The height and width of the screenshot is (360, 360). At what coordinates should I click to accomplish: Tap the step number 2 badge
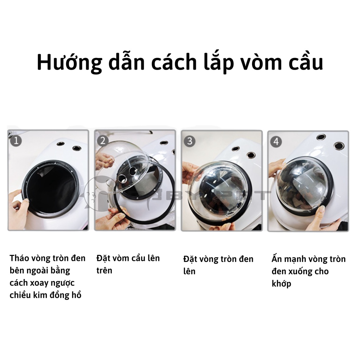[x=103, y=141]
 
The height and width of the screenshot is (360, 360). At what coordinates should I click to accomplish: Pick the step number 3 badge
[x=190, y=141]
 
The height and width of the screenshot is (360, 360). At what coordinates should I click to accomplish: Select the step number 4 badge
[x=276, y=142]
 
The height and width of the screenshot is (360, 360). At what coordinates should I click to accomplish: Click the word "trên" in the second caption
[x=104, y=270]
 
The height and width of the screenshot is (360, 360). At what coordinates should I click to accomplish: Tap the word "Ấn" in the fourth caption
[x=277, y=259]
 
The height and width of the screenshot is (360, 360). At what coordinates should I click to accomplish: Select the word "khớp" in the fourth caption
[x=281, y=283]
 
